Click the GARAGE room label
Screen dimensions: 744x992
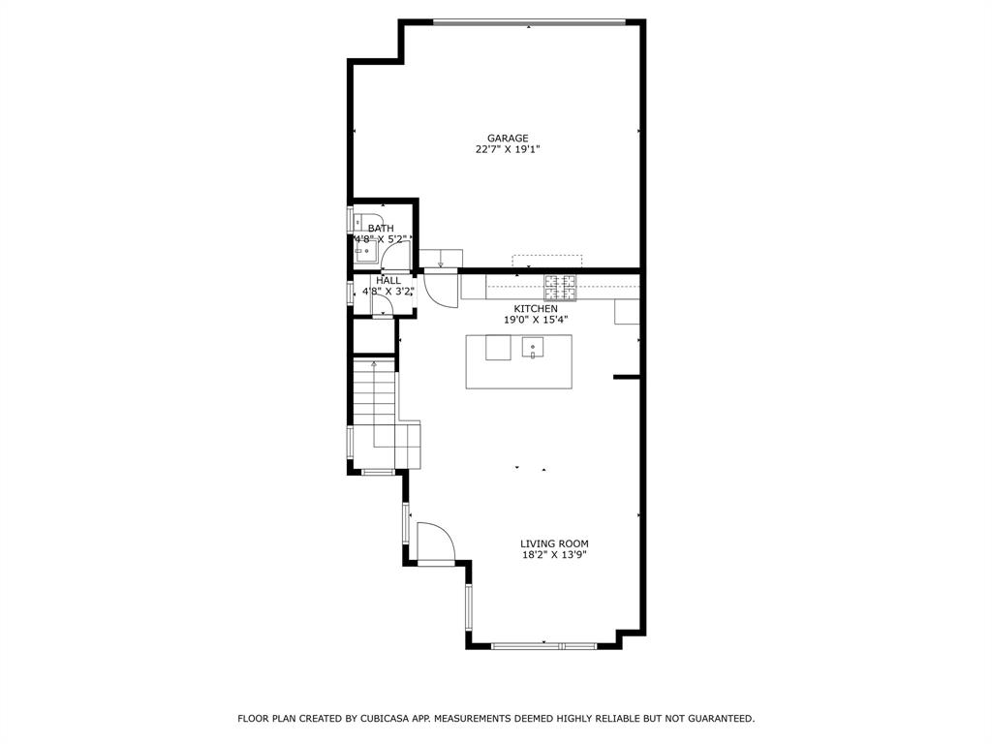click(x=508, y=139)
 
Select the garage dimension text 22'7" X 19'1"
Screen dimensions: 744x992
click(x=508, y=150)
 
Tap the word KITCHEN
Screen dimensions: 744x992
click(x=535, y=308)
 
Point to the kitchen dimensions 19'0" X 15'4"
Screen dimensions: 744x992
click(x=535, y=320)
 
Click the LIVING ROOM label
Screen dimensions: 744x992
click(x=554, y=543)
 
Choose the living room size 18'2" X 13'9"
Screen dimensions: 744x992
click(x=554, y=555)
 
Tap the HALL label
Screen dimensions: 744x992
click(x=388, y=280)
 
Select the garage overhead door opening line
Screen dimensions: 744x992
click(x=529, y=21)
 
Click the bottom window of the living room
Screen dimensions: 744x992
click(x=543, y=645)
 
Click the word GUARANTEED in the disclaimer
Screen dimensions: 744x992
click(x=718, y=719)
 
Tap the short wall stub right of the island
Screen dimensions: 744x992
click(x=628, y=377)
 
